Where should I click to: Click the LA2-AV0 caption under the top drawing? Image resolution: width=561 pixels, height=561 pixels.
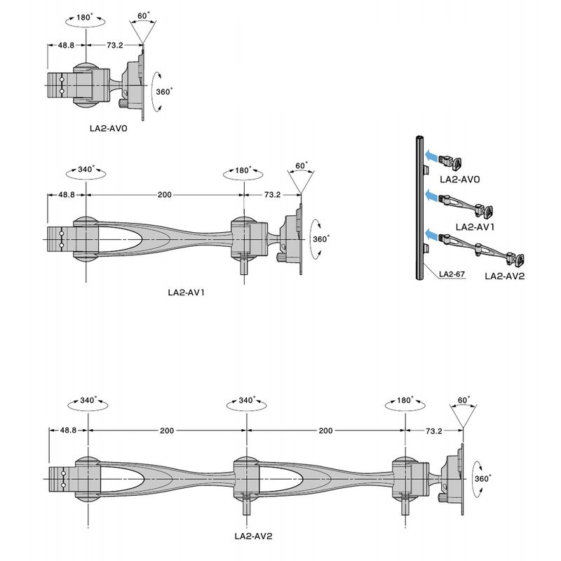tap(109, 128)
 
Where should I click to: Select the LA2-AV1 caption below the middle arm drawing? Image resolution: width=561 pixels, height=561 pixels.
tap(186, 292)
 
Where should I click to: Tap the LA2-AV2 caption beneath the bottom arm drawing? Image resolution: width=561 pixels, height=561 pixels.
tap(253, 536)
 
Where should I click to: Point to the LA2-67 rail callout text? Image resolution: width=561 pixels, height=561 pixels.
tap(452, 274)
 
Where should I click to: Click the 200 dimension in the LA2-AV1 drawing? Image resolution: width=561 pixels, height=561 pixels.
tap(165, 195)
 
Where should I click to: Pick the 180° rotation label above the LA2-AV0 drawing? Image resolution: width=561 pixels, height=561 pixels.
tap(84, 17)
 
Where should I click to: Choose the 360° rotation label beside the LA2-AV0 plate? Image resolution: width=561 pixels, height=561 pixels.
tap(164, 92)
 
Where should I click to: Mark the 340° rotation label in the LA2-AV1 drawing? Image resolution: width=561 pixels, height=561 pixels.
tap(86, 169)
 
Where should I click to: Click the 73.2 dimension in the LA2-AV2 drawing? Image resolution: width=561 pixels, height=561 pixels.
tap(433, 431)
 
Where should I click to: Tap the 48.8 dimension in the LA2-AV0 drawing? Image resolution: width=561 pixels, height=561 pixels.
tap(66, 45)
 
